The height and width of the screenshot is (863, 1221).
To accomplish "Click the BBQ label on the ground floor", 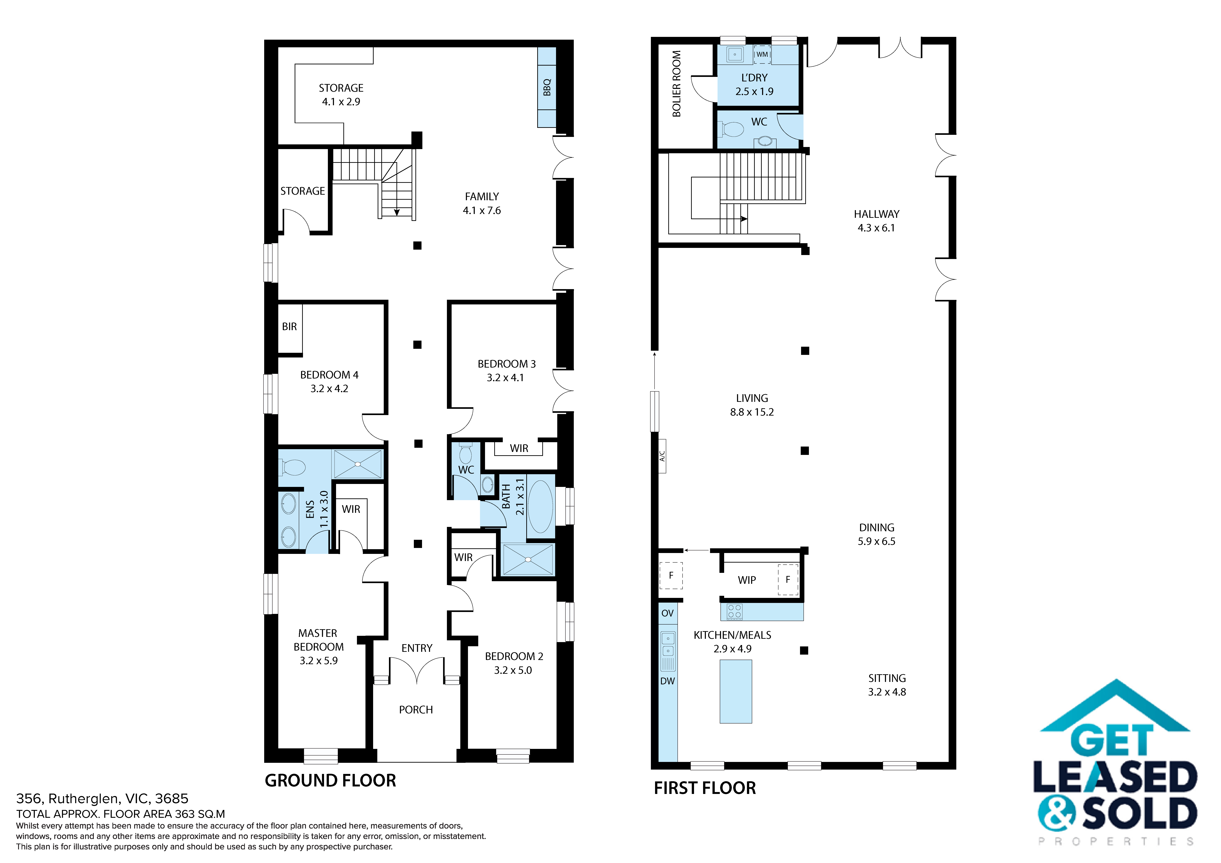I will [547, 88].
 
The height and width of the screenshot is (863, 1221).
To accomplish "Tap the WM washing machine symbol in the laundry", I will [762, 54].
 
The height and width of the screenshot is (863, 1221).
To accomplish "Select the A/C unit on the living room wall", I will [662, 456].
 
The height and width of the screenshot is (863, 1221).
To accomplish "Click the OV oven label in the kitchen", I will [667, 613].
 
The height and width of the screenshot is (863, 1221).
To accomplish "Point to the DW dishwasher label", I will [667, 681].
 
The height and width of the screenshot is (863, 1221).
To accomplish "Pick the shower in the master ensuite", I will [357, 464].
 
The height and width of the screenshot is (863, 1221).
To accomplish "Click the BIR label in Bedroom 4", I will [289, 327].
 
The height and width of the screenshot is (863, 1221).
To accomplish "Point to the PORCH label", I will [416, 710].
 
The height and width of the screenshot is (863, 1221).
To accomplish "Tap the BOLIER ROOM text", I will [676, 84].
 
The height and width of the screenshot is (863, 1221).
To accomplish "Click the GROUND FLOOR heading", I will [330, 781].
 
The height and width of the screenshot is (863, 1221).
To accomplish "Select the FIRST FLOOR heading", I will [705, 788].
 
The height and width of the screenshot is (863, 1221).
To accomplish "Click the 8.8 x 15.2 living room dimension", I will [751, 412].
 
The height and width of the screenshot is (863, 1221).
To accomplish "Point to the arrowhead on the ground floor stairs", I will [397, 212].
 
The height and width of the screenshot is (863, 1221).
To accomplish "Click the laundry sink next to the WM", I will [735, 54].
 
